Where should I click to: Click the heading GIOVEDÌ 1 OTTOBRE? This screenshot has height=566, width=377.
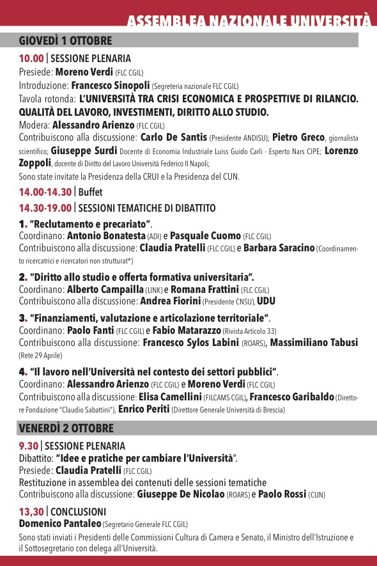click(x=65, y=41)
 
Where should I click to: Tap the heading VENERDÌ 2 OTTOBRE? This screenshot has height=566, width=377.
click(x=66, y=428)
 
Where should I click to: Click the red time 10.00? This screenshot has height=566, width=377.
click(x=31, y=59)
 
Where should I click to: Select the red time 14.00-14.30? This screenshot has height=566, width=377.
click(x=45, y=192)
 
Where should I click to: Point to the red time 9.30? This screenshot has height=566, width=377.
click(x=28, y=446)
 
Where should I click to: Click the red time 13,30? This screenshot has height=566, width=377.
click(x=31, y=512)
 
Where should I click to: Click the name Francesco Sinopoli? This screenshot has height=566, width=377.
click(x=110, y=85)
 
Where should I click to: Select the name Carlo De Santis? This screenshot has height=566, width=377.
click(x=173, y=138)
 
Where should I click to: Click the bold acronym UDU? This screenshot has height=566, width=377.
click(x=266, y=301)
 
